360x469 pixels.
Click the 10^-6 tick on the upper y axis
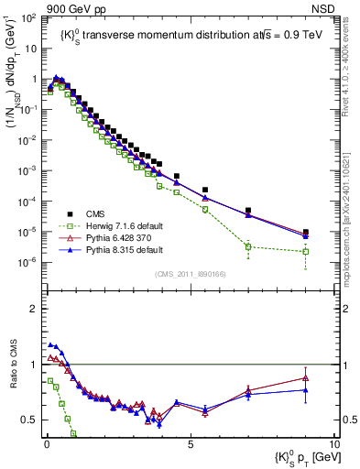click(x=28, y=263)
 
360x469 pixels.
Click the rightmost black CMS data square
click(x=306, y=233)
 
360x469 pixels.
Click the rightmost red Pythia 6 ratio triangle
click(x=306, y=377)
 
